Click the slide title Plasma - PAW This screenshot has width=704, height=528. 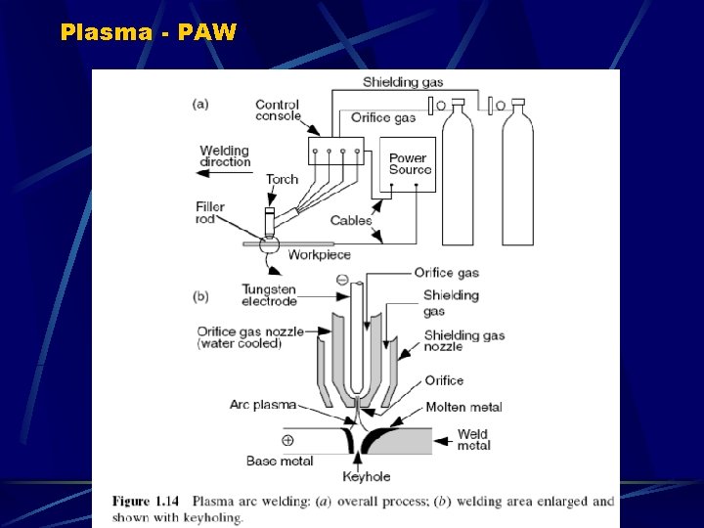tap(149, 31)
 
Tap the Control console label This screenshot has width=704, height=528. tap(278, 110)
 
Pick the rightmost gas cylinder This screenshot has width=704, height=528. tap(517, 176)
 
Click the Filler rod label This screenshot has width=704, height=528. tap(210, 212)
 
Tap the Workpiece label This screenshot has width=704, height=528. tap(320, 255)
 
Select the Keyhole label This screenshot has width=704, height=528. tap(368, 477)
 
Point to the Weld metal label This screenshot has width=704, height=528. tap(473, 440)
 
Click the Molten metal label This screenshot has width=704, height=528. tap(464, 407)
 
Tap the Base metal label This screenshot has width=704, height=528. tap(280, 461)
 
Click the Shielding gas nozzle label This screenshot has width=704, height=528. tap(464, 341)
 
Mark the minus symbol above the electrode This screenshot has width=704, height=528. tap(343, 280)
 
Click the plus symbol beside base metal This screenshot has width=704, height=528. tap(286, 440)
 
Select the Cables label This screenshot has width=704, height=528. tap(351, 221)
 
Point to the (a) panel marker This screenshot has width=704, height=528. tap(199, 101)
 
